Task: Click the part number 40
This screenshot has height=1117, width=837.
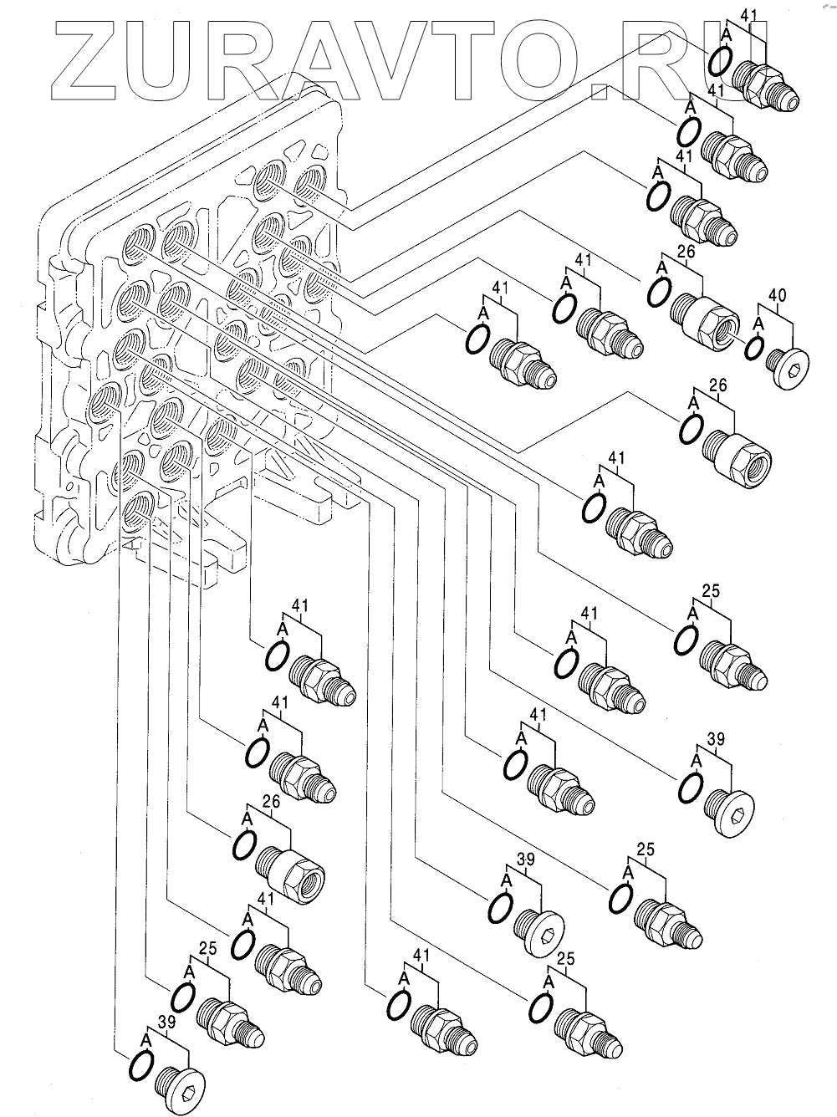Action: [778, 295]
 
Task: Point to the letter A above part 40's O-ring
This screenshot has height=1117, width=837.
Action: [759, 323]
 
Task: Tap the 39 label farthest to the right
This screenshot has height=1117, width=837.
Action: [717, 739]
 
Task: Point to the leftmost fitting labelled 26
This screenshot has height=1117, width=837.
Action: [293, 875]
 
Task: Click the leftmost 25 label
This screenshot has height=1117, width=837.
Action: [208, 948]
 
